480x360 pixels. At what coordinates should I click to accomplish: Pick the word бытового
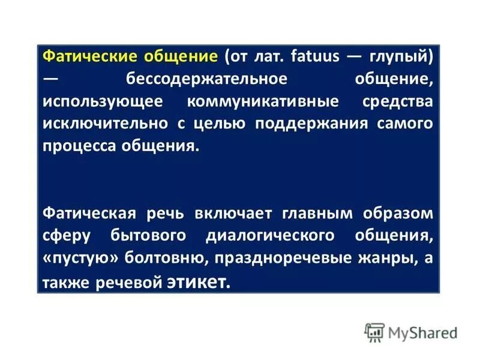(x=143, y=235)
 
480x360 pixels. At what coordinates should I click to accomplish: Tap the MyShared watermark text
(x=422, y=332)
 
